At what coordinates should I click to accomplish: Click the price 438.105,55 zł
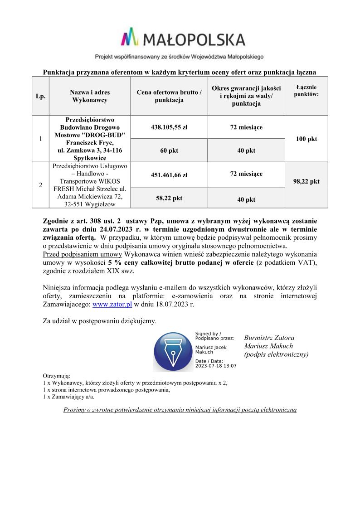click(x=169, y=127)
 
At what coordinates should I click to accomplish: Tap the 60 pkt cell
click(x=169, y=150)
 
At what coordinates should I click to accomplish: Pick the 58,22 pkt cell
click(x=169, y=198)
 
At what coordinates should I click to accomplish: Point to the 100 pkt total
click(x=306, y=139)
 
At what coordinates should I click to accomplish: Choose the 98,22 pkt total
click(x=306, y=181)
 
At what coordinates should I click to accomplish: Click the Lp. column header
click(x=41, y=96)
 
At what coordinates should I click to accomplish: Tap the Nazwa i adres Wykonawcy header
click(x=90, y=96)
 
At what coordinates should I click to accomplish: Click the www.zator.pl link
click(x=112, y=305)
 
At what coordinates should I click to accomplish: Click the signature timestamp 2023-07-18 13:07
click(x=216, y=365)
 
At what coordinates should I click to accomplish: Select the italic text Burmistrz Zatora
click(x=269, y=338)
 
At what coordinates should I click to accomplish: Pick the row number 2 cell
click(x=41, y=185)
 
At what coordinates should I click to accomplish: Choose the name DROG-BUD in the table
click(x=107, y=135)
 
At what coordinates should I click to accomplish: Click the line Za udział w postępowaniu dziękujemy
click(x=99, y=321)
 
